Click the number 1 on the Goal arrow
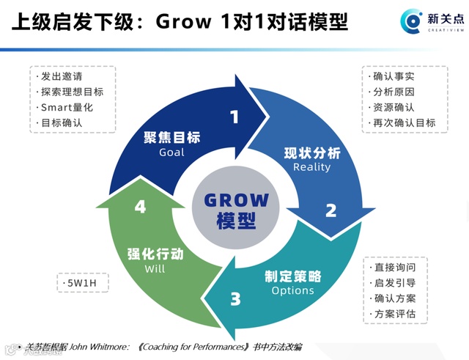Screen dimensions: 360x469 pos(234,117)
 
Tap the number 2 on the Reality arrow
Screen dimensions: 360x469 pos(330,210)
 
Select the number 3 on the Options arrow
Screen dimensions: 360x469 pos(234,299)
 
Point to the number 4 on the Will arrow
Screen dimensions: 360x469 pos(140,207)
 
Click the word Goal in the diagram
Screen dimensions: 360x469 pos(172,153)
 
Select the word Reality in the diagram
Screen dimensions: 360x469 pos(311,167)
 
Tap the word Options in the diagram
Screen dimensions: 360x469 pos(292,290)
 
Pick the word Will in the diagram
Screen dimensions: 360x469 pos(155,268)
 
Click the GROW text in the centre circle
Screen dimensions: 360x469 pos(236,200)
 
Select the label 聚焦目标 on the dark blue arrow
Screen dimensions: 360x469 pos(172,138)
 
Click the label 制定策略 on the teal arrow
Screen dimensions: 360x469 pos(292,276)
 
